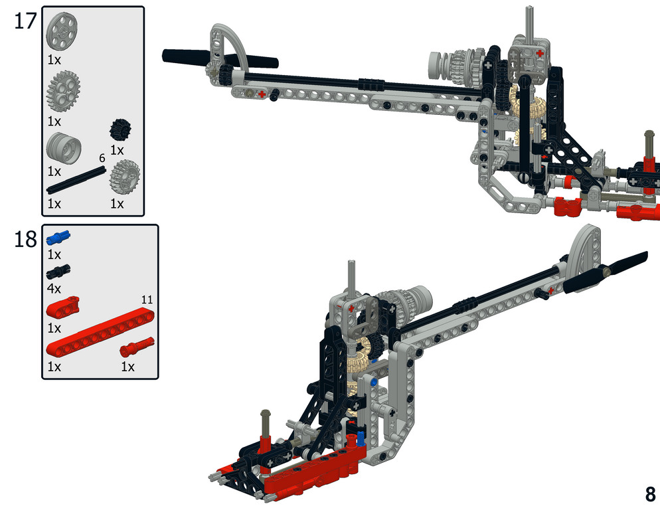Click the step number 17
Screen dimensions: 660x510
click(x=26, y=21)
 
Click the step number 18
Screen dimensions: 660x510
click(x=26, y=239)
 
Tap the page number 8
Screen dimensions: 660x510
click(x=650, y=494)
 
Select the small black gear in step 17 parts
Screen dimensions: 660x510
click(x=120, y=129)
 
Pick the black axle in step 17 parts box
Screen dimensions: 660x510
click(x=76, y=180)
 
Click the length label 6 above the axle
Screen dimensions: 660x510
click(x=102, y=158)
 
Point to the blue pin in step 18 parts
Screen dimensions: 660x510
click(x=58, y=238)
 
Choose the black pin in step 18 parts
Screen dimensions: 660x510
click(x=58, y=272)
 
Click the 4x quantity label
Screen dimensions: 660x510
click(x=54, y=289)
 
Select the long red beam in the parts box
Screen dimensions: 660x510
click(x=100, y=332)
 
